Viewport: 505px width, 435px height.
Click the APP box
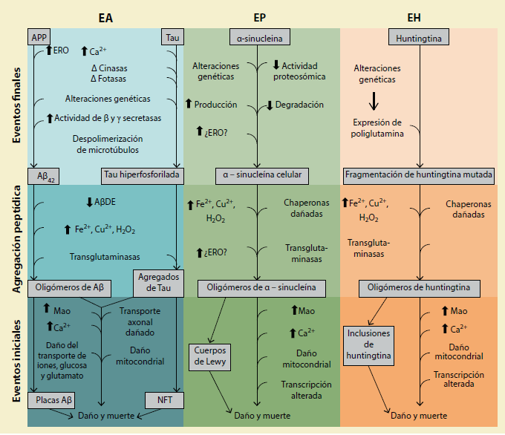[39, 36]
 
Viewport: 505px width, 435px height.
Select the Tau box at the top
[172, 36]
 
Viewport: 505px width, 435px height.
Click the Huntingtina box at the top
[420, 36]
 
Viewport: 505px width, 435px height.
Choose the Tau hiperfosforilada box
[142, 175]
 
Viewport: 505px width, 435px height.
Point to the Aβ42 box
[43, 175]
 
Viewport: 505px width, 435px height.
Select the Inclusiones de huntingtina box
[368, 344]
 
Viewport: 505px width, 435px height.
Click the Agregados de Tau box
[158, 283]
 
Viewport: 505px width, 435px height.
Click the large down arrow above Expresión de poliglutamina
[375, 99]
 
